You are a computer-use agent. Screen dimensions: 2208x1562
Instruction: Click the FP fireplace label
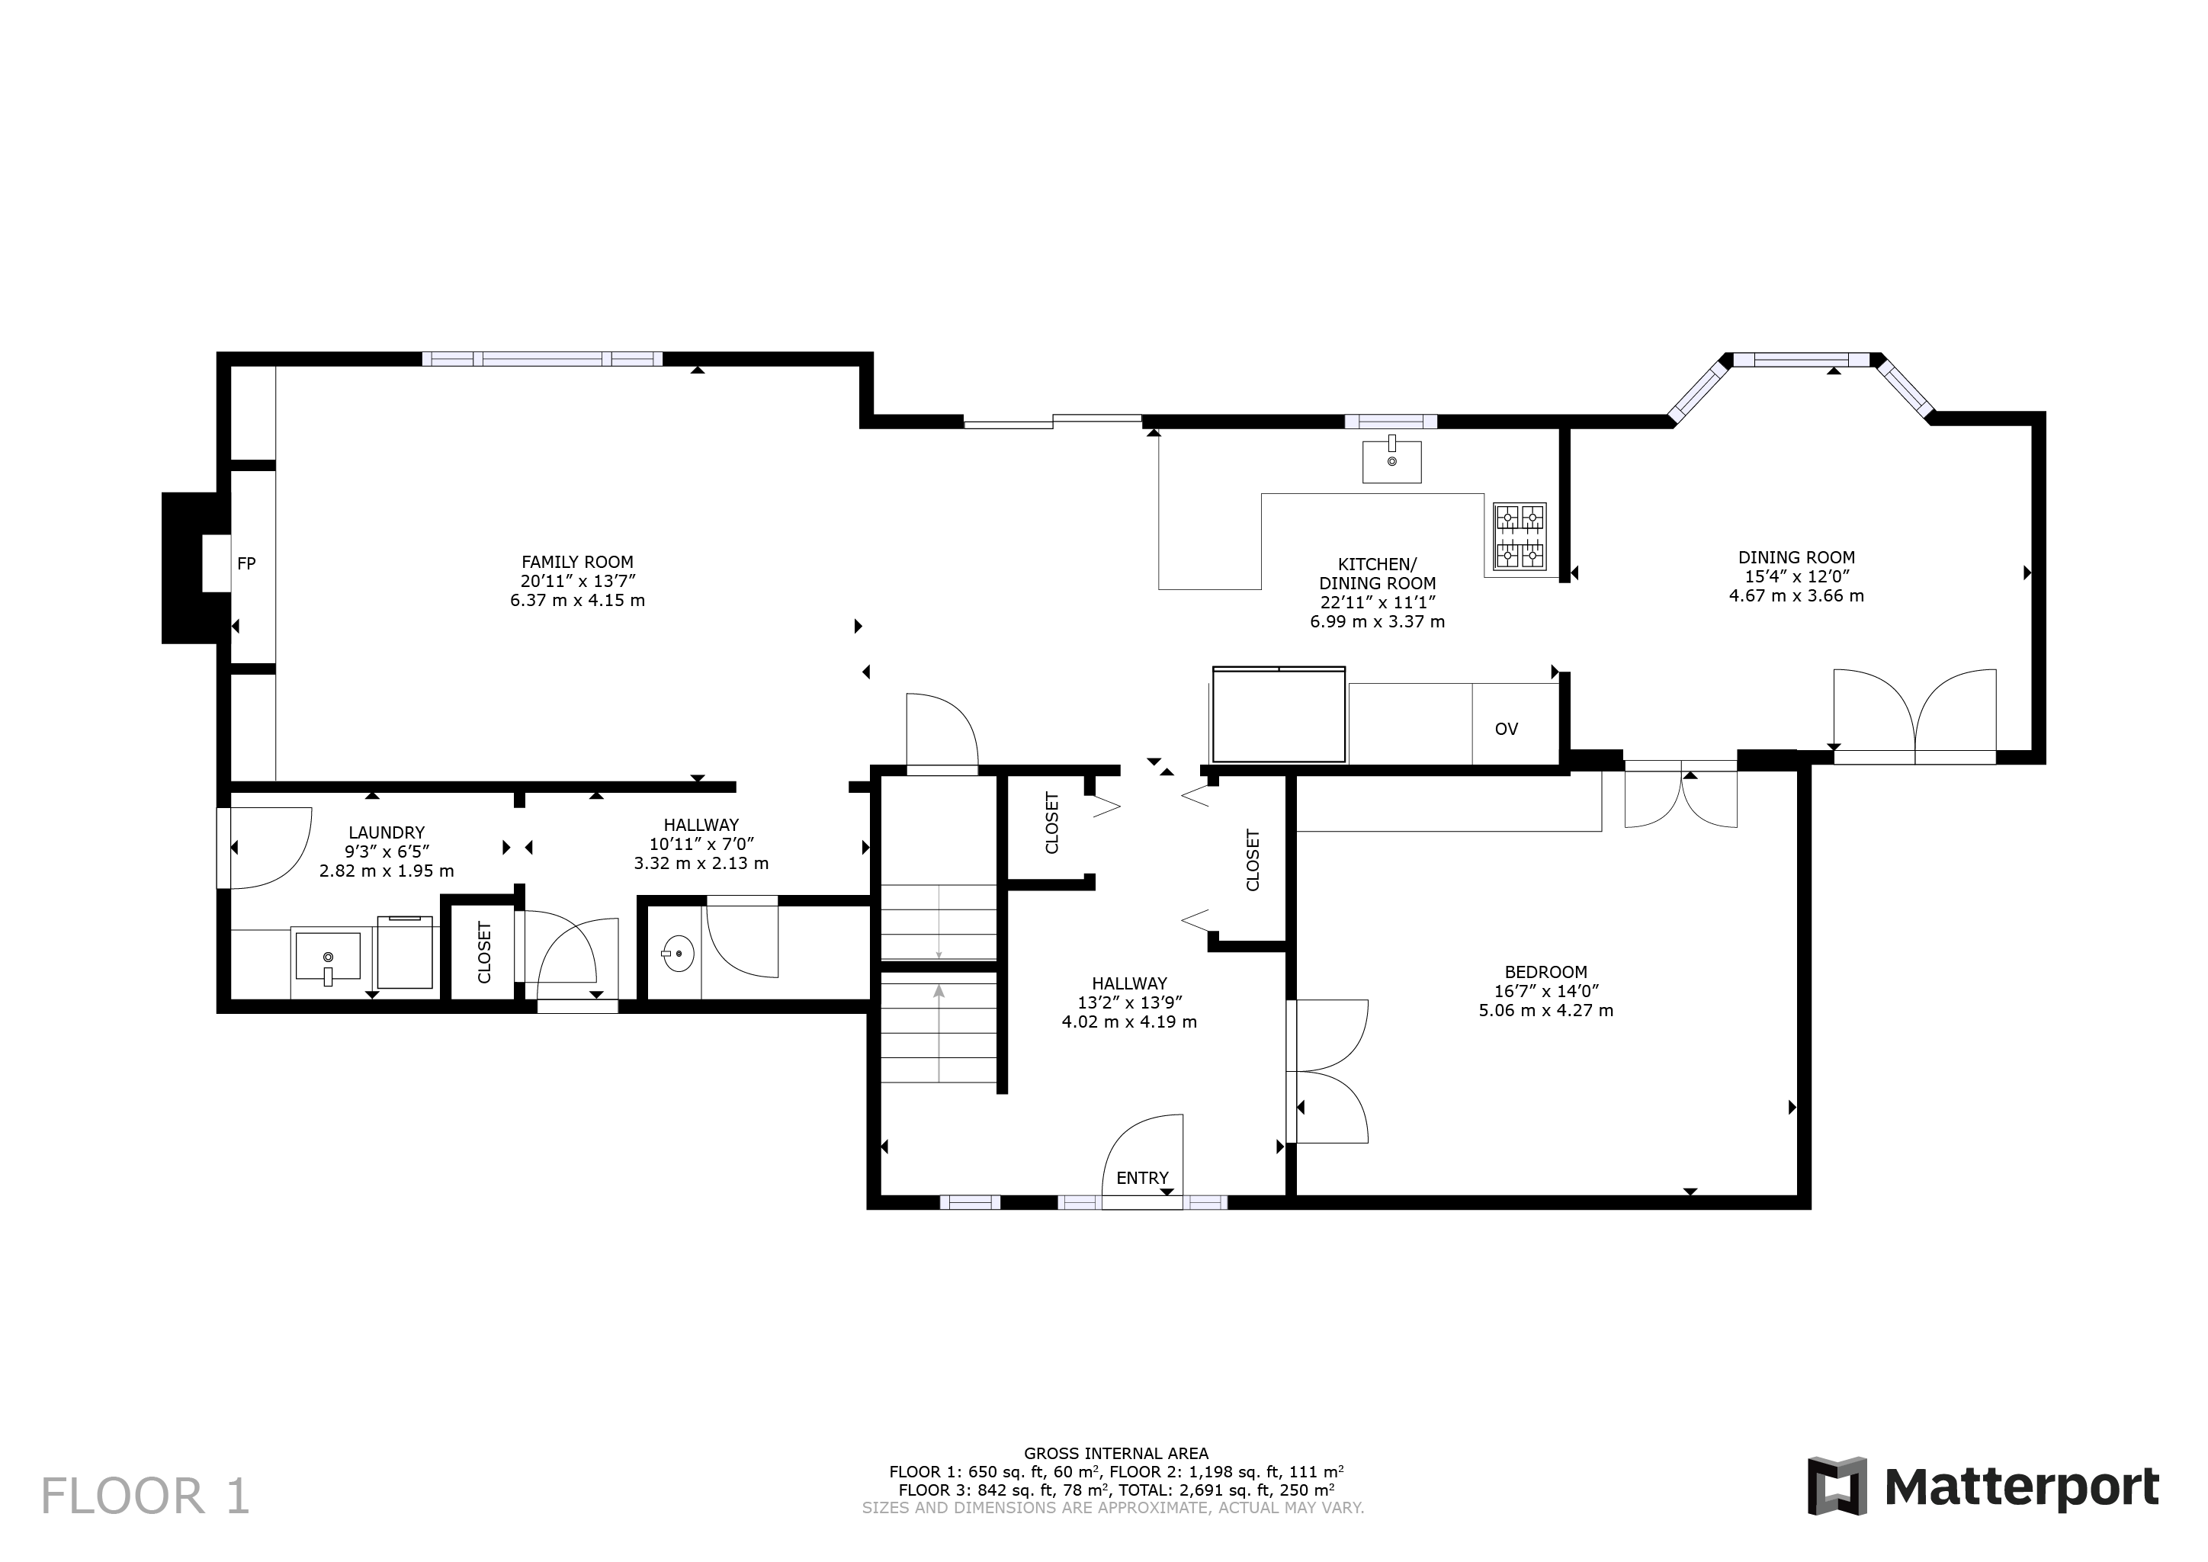(x=246, y=563)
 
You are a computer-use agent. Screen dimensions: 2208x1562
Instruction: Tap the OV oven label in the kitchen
(x=1506, y=729)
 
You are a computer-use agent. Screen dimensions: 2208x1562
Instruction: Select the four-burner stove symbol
(x=1520, y=537)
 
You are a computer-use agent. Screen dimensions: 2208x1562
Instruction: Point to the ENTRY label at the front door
(x=1142, y=1179)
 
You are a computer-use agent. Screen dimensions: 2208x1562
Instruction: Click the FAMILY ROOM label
(x=577, y=563)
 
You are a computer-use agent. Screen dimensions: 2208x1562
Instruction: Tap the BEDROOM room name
(x=1545, y=973)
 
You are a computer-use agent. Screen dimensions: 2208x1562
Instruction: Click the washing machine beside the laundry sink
(x=405, y=952)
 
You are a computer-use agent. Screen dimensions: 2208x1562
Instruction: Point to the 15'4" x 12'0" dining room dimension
(x=1796, y=577)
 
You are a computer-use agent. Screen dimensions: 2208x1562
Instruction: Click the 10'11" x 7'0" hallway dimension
(x=701, y=845)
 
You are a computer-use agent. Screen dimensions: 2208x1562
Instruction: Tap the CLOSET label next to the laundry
(x=485, y=952)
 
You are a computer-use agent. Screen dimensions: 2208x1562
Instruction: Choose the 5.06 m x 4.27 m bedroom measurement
(x=1545, y=1011)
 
